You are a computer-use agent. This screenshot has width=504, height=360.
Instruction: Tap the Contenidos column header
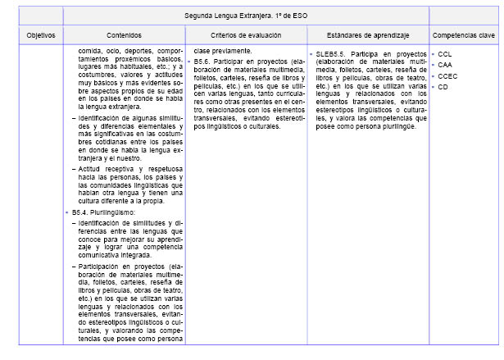pyautogui.click(x=125, y=35)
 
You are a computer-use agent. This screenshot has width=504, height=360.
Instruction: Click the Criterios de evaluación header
pyautogui.click(x=246, y=35)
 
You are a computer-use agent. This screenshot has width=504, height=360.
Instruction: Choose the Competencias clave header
pyautogui.click(x=464, y=35)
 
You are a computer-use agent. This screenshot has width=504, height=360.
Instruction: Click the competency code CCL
pyautogui.click(x=445, y=54)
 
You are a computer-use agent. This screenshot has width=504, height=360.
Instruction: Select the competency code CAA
pyautogui.click(x=445, y=65)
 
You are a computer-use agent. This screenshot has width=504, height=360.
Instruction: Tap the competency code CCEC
pyautogui.click(x=448, y=75)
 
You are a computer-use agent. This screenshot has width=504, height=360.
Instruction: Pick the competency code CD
pyautogui.click(x=443, y=86)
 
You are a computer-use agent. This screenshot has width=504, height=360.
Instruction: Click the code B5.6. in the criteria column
pyautogui.click(x=205, y=62)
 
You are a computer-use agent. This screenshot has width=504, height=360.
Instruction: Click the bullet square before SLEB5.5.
pyautogui.click(x=312, y=54)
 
